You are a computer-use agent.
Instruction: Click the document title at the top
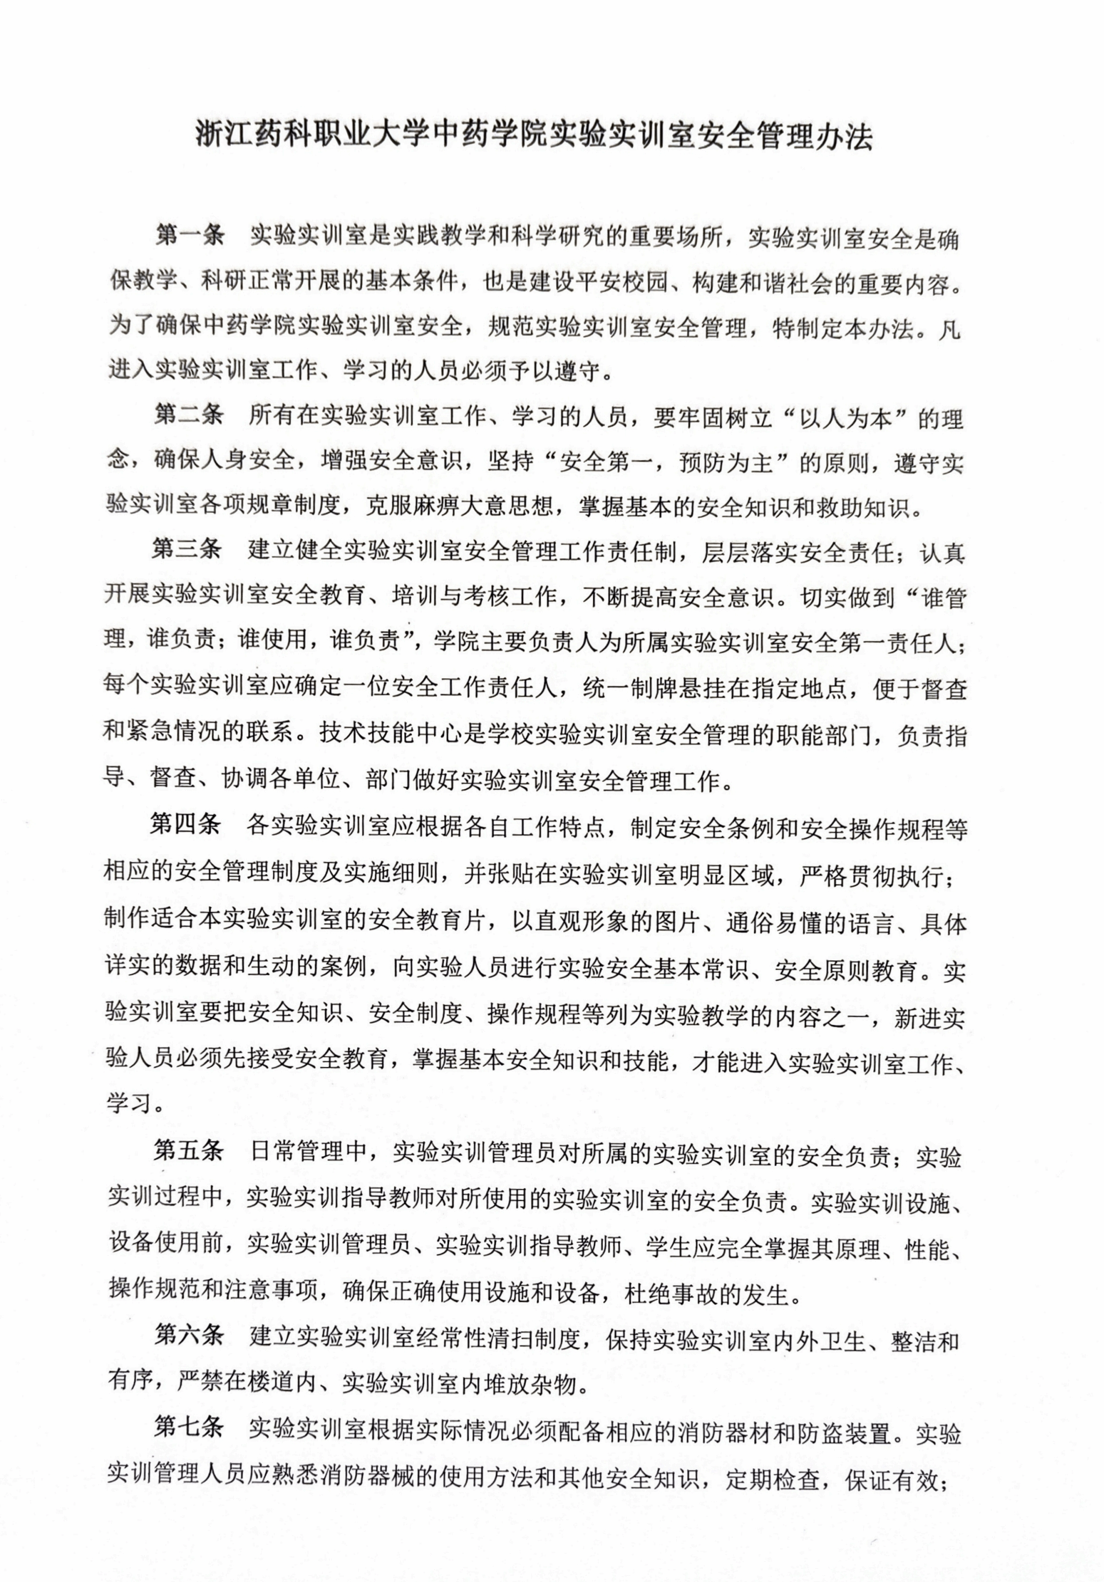[534, 136]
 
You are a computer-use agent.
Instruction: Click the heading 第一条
[190, 234]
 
